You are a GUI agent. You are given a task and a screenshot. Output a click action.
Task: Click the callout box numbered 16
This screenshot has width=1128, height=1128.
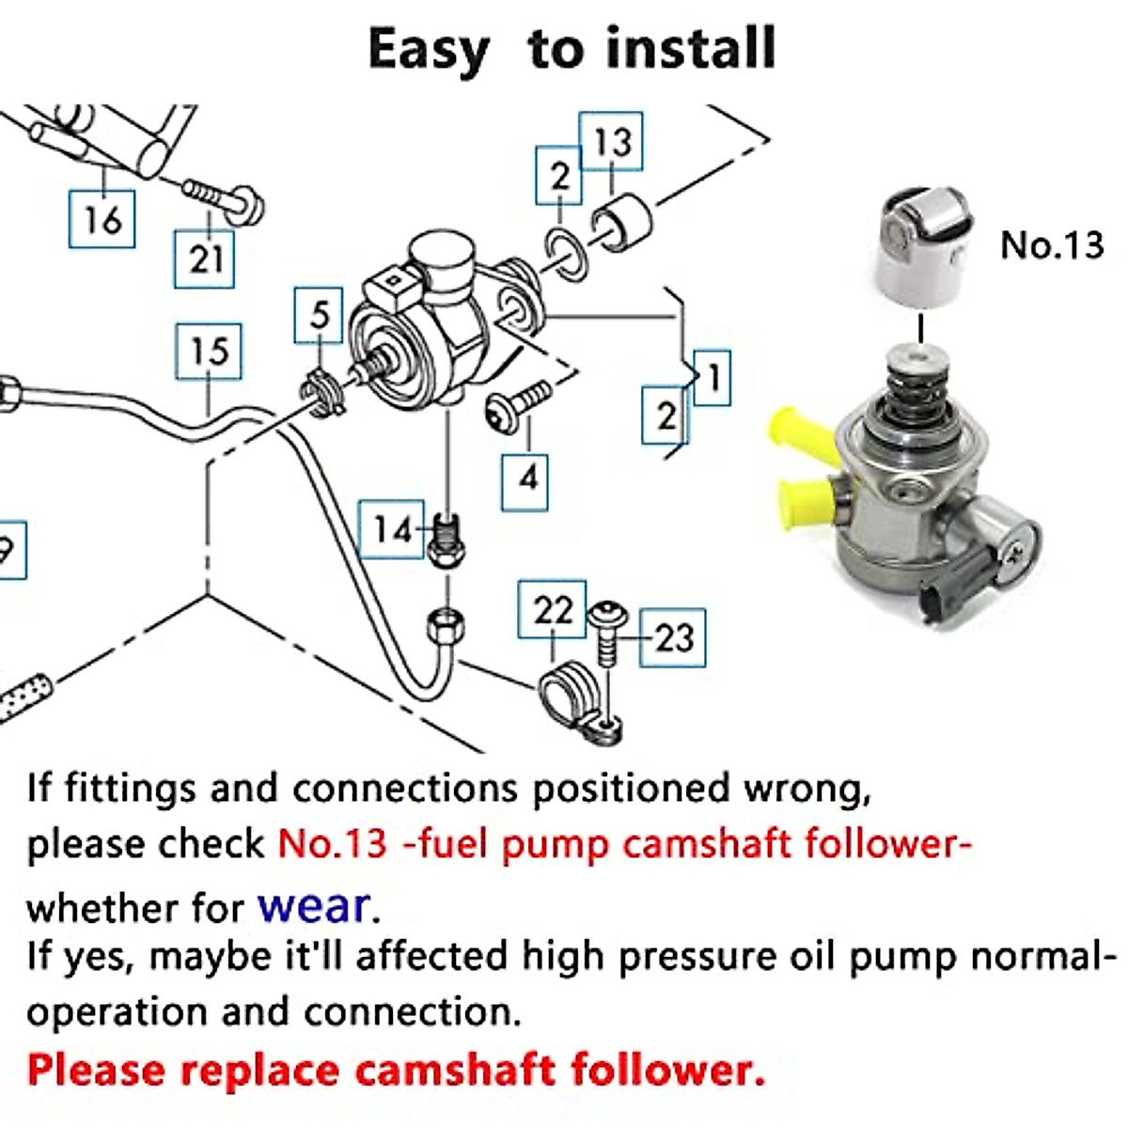click(x=102, y=219)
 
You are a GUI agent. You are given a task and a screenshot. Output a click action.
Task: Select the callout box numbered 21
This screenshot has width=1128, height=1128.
click(x=204, y=258)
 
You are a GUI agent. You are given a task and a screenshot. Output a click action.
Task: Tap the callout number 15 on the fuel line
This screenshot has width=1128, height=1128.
click(x=209, y=352)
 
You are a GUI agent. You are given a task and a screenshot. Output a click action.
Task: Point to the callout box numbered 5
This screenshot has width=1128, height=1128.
click(x=320, y=315)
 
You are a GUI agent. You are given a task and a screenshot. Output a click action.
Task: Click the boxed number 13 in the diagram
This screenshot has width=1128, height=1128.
click(x=611, y=141)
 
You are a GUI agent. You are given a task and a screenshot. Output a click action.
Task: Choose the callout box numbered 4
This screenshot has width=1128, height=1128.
click(x=525, y=479)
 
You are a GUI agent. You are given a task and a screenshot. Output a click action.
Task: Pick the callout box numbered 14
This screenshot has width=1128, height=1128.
click(x=392, y=529)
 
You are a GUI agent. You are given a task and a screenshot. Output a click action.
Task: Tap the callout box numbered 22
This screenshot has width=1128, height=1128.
click(x=552, y=610)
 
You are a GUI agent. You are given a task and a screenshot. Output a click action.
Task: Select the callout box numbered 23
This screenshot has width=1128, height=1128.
click(x=673, y=637)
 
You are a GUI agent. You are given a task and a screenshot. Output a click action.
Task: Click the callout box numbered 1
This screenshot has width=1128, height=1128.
click(x=713, y=378)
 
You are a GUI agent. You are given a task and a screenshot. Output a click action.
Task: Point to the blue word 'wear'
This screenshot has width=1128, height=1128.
click(x=314, y=905)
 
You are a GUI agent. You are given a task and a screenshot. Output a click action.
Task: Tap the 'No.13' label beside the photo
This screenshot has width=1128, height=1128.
click(x=1051, y=244)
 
